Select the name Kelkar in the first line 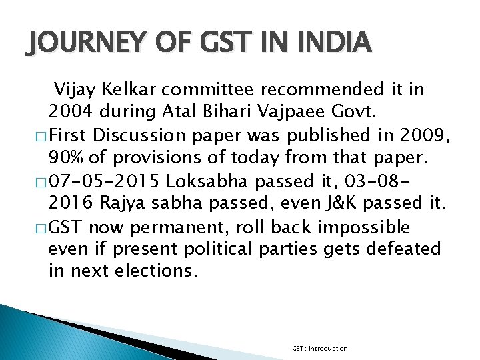[137, 89]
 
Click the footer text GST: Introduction [319, 348]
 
